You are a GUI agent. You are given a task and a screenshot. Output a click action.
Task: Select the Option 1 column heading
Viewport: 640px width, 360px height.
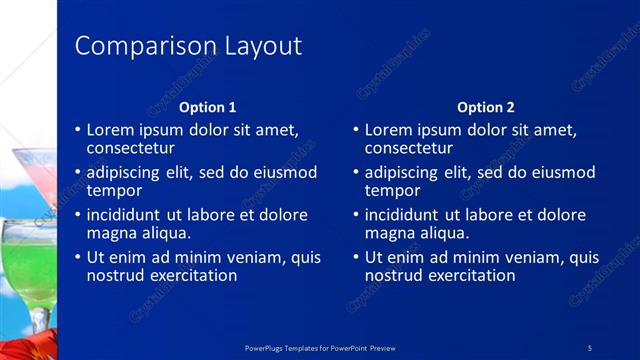click(207, 107)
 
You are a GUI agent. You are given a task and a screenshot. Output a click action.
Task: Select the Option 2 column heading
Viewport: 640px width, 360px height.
click(486, 107)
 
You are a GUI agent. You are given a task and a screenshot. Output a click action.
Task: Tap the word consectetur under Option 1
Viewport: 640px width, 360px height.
click(130, 148)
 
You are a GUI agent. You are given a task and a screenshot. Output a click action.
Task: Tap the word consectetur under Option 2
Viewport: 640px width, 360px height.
click(408, 148)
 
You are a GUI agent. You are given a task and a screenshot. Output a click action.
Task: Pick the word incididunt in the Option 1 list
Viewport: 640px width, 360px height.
click(128, 215)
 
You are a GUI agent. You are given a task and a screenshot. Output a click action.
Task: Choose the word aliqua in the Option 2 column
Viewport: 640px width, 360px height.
click(441, 233)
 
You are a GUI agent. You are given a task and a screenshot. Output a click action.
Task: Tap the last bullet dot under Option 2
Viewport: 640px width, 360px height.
click(355, 257)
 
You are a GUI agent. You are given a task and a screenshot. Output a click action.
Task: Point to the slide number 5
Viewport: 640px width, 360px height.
click(590, 347)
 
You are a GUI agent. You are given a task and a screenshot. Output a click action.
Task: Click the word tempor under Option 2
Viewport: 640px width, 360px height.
click(392, 190)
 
